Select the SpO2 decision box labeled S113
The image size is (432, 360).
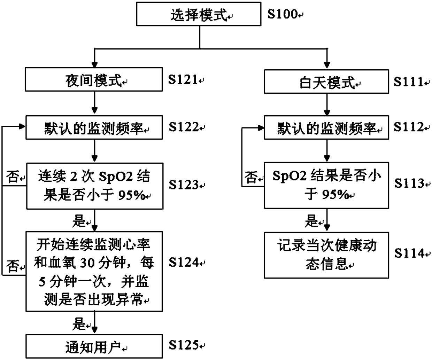(x=326, y=185)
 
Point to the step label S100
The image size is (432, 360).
(x=283, y=14)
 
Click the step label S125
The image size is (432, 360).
(x=184, y=345)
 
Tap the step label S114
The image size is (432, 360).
(x=410, y=253)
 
